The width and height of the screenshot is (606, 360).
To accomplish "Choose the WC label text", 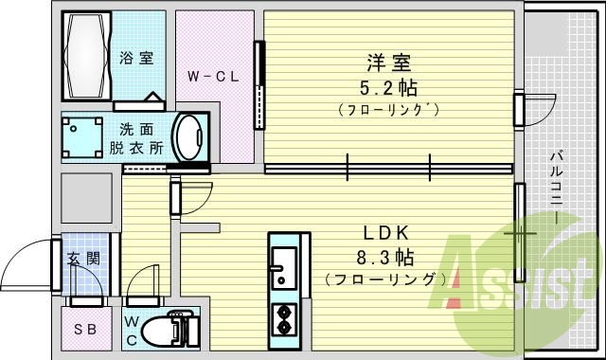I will (x=133, y=329).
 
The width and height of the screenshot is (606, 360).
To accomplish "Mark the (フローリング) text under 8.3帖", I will (x=384, y=279).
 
